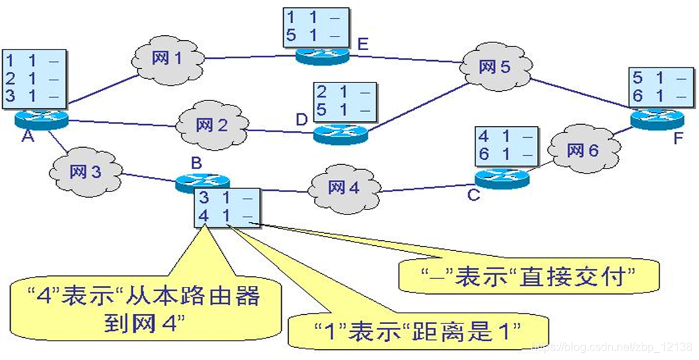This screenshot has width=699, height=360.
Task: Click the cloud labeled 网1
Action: (166, 58)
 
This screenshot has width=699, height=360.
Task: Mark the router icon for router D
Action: (340, 131)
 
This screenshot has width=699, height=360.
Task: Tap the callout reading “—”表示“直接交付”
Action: (516, 275)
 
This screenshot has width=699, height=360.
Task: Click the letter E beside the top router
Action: (363, 45)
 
